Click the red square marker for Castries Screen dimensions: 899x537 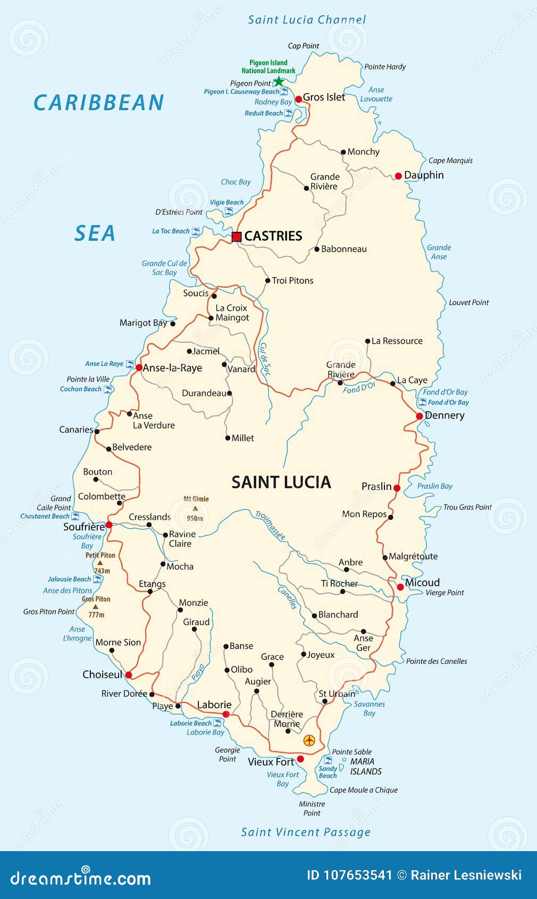(x=237, y=237)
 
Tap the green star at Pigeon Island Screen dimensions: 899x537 (x=278, y=82)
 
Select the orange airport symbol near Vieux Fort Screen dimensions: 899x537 (x=309, y=740)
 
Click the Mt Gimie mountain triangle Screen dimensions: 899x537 (x=195, y=509)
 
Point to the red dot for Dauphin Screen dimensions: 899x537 (x=398, y=176)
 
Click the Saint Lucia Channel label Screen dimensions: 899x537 (x=307, y=20)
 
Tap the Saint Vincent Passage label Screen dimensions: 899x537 (x=306, y=833)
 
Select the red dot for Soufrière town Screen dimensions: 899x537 (x=109, y=525)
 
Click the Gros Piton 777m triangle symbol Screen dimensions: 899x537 (x=95, y=606)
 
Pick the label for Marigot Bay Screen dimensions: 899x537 (x=143, y=323)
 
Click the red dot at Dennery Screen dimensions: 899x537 (x=419, y=416)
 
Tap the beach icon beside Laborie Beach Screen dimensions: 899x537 (x=217, y=723)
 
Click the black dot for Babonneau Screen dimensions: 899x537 (x=317, y=249)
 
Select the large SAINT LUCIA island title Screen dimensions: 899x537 (x=281, y=482)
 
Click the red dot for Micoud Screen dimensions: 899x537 (x=400, y=587)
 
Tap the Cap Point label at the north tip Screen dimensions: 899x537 (x=303, y=46)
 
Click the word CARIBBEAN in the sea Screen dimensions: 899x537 (x=99, y=103)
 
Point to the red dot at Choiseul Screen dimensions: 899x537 (x=129, y=675)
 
